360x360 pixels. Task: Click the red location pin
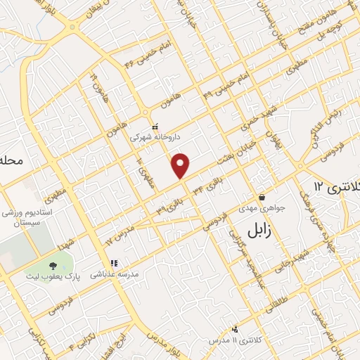tap(181, 165)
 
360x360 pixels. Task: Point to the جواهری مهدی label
tap(264, 208)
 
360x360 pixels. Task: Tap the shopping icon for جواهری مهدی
tap(262, 198)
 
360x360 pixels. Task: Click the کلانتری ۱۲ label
tap(336, 187)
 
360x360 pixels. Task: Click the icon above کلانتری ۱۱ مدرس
tap(234, 329)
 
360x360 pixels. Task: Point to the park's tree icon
tap(53, 265)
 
